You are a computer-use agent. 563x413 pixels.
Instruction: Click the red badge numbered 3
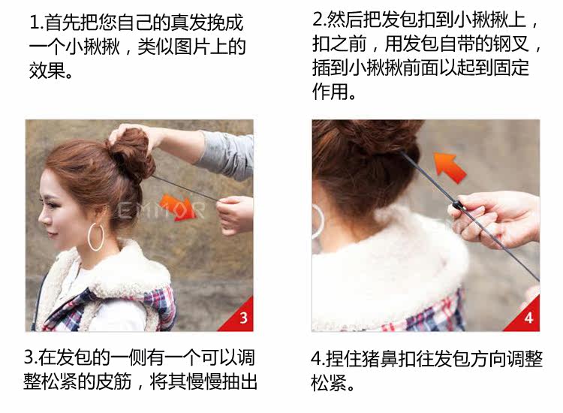point(242,318)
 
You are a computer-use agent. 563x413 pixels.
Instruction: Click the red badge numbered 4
point(528,318)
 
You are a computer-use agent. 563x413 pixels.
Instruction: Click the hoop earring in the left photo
point(96,236)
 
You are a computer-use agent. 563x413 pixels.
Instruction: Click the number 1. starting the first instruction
point(37,23)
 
